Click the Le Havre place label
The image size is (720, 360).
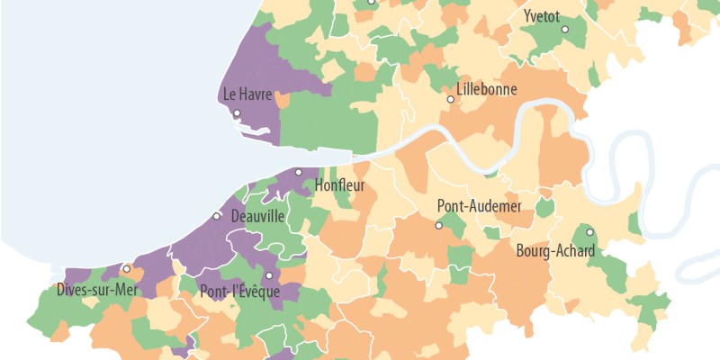(x=247, y=94)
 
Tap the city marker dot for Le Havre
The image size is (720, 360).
(x=237, y=113)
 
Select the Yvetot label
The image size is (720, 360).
(x=540, y=15)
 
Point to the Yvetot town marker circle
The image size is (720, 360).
(x=565, y=30)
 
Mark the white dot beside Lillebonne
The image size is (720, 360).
(x=451, y=99)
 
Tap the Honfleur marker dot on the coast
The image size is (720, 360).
(x=299, y=172)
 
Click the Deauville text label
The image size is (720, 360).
(x=257, y=217)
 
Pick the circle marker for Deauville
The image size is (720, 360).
(x=216, y=216)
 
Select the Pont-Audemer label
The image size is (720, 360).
(x=479, y=206)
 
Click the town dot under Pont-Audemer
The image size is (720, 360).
(x=439, y=226)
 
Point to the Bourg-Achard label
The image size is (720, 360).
(x=554, y=250)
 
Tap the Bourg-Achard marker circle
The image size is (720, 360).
(x=589, y=232)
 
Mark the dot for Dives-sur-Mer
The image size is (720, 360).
(x=126, y=268)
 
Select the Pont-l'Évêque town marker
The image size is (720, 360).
(x=268, y=275)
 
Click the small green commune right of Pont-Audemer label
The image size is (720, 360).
(x=544, y=208)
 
